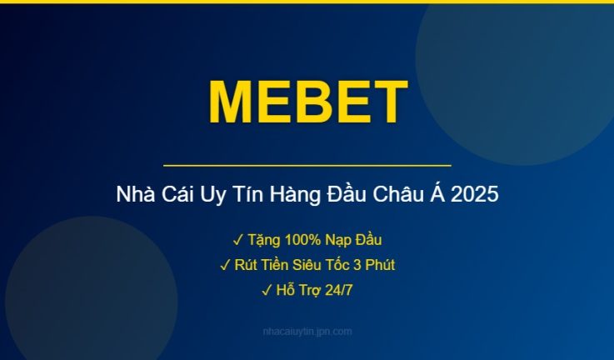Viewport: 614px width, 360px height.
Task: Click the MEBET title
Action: click(307, 103)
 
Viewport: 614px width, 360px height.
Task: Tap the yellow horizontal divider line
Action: click(307, 166)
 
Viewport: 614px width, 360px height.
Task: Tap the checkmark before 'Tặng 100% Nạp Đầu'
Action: click(237, 240)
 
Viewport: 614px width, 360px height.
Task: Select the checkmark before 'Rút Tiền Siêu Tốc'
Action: click(225, 265)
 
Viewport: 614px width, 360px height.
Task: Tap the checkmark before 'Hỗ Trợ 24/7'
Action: click(267, 290)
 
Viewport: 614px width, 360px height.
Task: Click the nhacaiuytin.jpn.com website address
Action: click(307, 332)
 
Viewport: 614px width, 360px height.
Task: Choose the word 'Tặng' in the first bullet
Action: click(262, 240)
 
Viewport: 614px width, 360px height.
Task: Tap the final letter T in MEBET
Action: click(387, 103)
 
